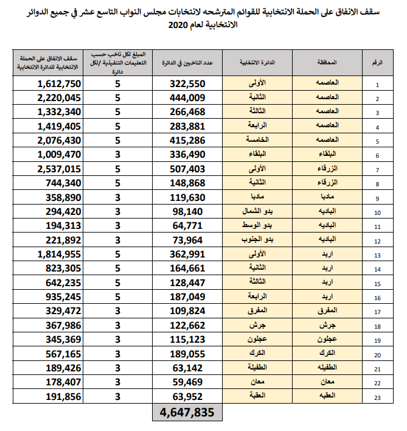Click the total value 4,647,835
click(187, 413)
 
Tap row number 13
click(377, 254)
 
